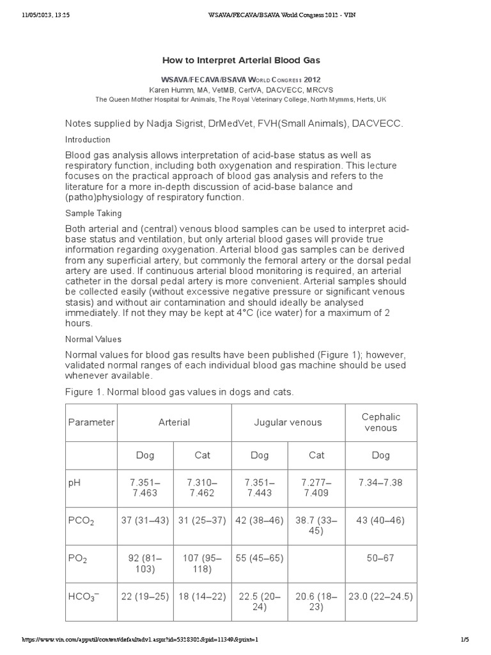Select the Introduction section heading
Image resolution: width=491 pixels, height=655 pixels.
(x=88, y=139)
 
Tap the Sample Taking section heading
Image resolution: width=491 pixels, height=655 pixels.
(x=93, y=213)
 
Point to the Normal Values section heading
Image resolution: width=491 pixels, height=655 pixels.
(x=93, y=339)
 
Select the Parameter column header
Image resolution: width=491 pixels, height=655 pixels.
(x=91, y=422)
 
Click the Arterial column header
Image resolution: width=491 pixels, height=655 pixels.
(x=175, y=422)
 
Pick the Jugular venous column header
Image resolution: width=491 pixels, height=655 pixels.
(x=288, y=422)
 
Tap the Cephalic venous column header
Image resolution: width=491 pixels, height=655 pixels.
(x=381, y=422)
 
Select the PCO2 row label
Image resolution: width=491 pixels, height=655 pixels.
(x=82, y=521)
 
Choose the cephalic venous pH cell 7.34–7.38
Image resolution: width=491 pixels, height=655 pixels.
(x=381, y=482)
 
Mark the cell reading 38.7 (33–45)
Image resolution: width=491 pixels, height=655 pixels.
(x=316, y=525)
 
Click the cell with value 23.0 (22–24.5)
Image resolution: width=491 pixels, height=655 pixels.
(x=381, y=597)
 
